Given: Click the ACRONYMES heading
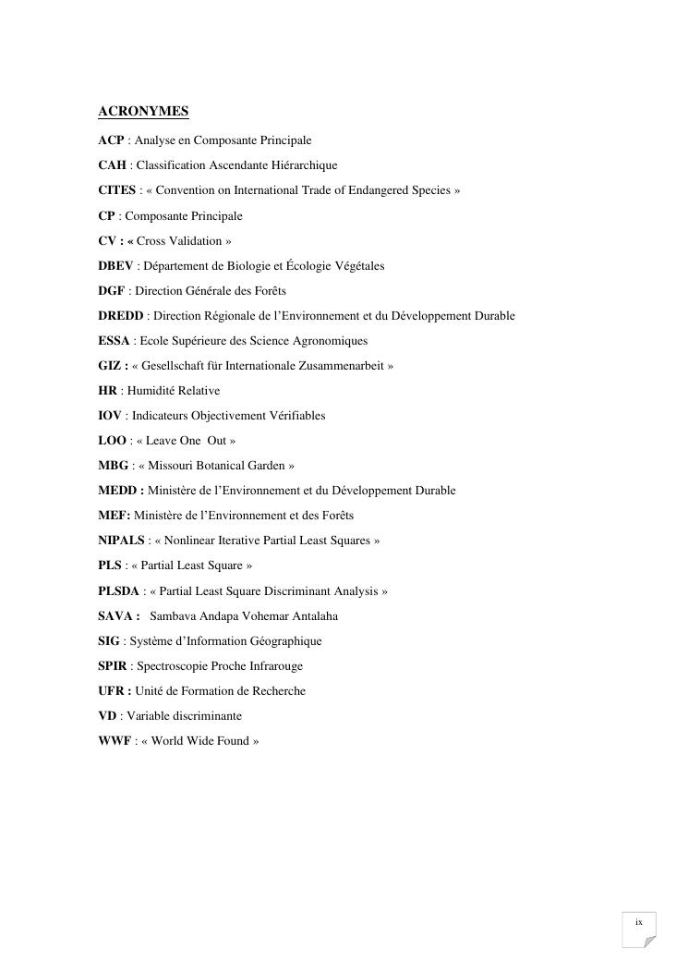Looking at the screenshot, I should [x=143, y=112].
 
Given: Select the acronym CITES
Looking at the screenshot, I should [x=116, y=190].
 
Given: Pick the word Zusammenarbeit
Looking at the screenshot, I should [x=346, y=366].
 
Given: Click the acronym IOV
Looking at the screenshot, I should [x=110, y=416].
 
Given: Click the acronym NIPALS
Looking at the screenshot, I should [x=121, y=541].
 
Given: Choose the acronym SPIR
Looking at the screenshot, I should [x=114, y=665].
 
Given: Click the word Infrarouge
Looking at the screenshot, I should [x=275, y=665].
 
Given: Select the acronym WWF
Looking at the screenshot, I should [x=115, y=740].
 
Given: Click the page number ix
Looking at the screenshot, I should [x=638, y=922].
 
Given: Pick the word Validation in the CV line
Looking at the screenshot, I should [x=195, y=241].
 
